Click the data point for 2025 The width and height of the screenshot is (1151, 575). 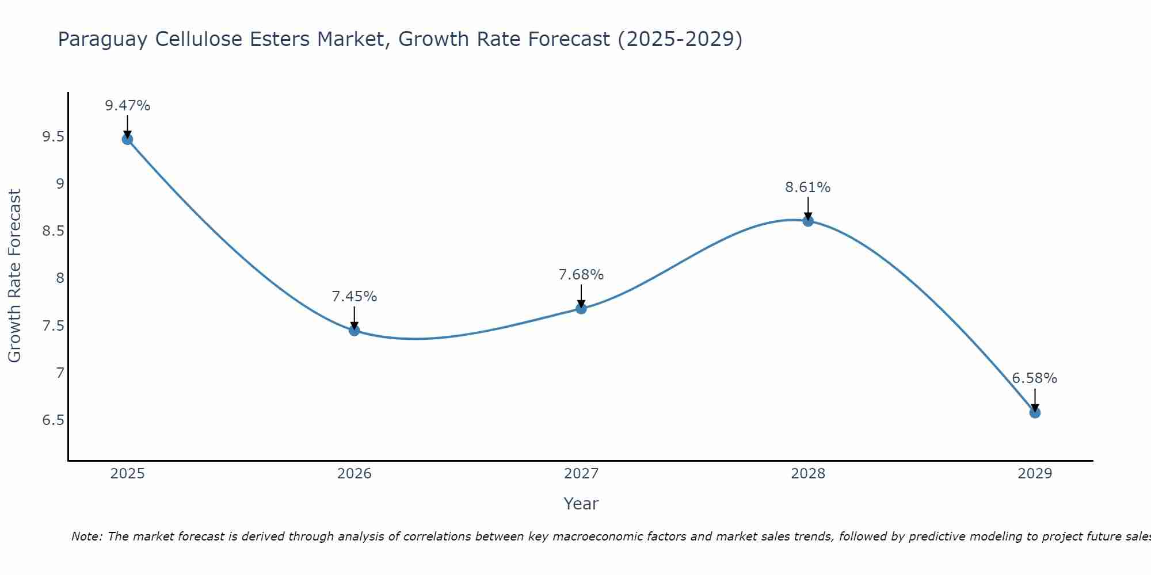pos(127,139)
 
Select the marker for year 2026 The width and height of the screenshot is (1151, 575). pos(354,330)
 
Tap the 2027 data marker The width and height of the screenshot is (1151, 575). pos(581,308)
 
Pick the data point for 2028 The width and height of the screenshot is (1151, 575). pos(807,221)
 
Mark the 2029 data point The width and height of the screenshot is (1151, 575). pos(1034,412)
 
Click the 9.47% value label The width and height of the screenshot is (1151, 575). pos(127,106)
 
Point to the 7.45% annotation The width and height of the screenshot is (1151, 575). pos(354,297)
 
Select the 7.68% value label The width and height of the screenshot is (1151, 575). pos(581,275)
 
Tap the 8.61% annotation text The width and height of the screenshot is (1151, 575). pos(807,187)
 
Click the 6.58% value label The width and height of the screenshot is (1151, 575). pos(1034,378)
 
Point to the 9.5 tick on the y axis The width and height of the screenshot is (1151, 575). pos(53,137)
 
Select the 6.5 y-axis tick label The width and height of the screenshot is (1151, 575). pos(53,420)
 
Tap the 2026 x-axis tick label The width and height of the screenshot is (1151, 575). pos(354,474)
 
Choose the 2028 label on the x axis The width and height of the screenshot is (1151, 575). pos(807,474)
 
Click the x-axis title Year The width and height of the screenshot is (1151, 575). pos(581,504)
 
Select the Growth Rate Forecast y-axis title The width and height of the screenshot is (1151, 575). pos(15,276)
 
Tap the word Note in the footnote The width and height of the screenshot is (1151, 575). pos(86,536)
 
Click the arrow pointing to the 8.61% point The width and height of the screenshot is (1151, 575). pos(807,208)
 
